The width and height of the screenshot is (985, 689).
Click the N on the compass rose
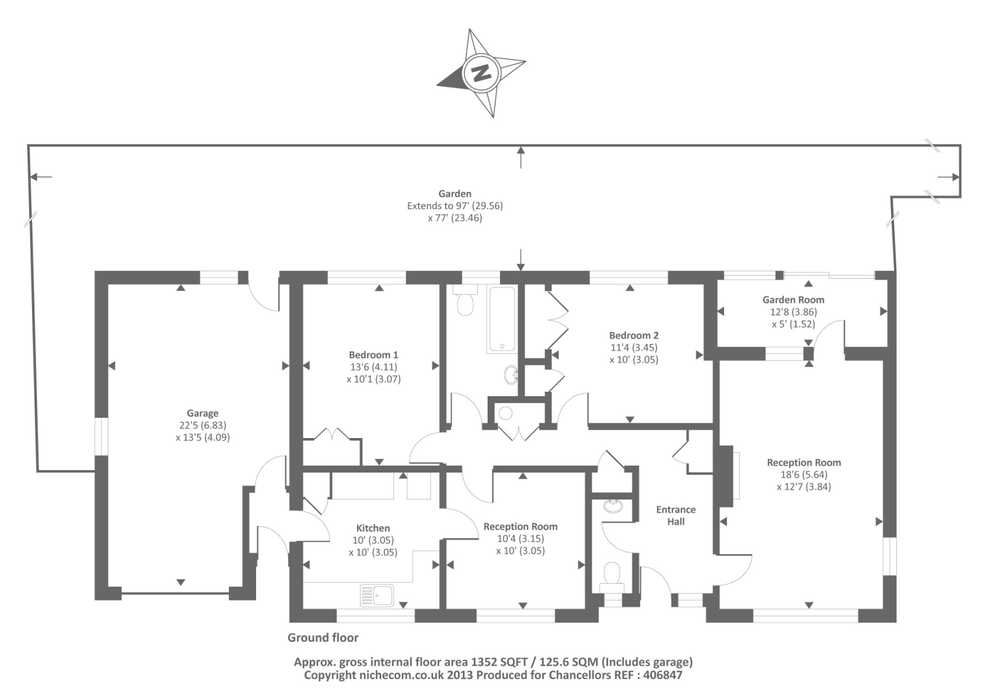480,73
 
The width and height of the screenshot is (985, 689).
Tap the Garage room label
203,413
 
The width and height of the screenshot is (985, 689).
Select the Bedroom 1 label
373,355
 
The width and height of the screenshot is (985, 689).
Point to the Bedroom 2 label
633,335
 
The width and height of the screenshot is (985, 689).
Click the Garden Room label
793,300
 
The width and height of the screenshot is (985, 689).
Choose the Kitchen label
373,528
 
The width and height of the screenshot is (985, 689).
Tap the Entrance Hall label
676,516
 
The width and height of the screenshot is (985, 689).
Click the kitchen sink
377,595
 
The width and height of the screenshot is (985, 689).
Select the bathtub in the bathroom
502,319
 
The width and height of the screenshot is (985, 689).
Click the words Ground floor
323,638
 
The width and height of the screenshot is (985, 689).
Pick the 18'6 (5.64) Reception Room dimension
803,474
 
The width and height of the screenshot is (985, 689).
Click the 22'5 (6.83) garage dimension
203,425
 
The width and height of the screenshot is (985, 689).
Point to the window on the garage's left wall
101,437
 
